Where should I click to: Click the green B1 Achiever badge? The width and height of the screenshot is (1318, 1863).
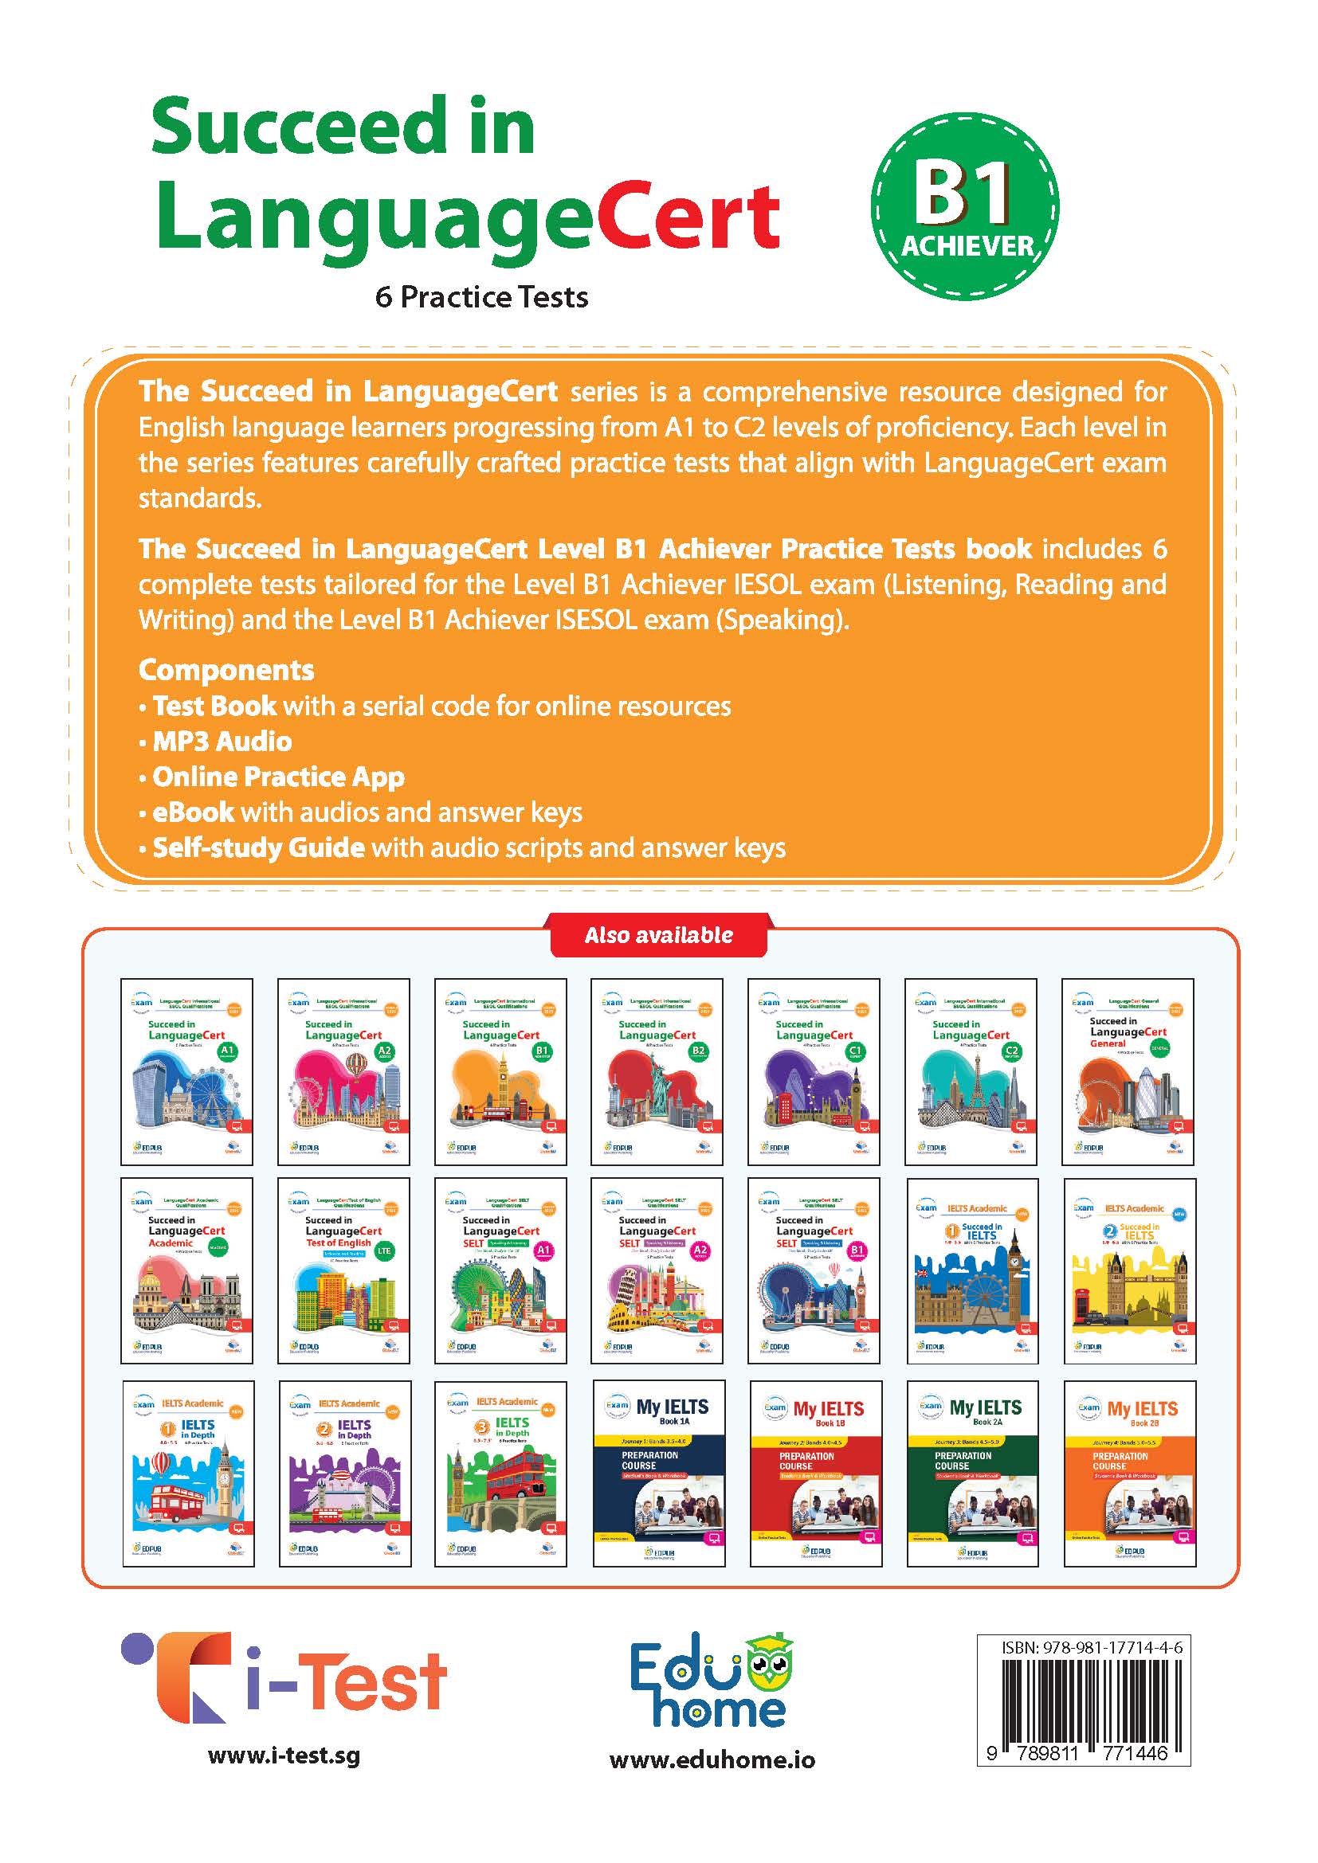[965, 206]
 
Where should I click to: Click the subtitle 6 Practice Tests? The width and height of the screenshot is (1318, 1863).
[481, 297]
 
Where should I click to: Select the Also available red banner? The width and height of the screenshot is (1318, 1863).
[658, 935]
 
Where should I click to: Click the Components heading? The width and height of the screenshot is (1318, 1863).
[226, 670]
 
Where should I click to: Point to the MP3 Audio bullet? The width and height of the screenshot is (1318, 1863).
[222, 741]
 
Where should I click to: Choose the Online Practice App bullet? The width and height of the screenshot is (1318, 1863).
[277, 777]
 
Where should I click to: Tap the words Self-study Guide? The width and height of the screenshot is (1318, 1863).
[258, 848]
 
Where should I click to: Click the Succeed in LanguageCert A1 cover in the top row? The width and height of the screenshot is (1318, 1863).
[186, 1071]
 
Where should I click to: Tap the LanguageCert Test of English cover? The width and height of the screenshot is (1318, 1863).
[343, 1270]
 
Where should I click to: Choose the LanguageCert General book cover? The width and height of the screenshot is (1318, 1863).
[1128, 1071]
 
